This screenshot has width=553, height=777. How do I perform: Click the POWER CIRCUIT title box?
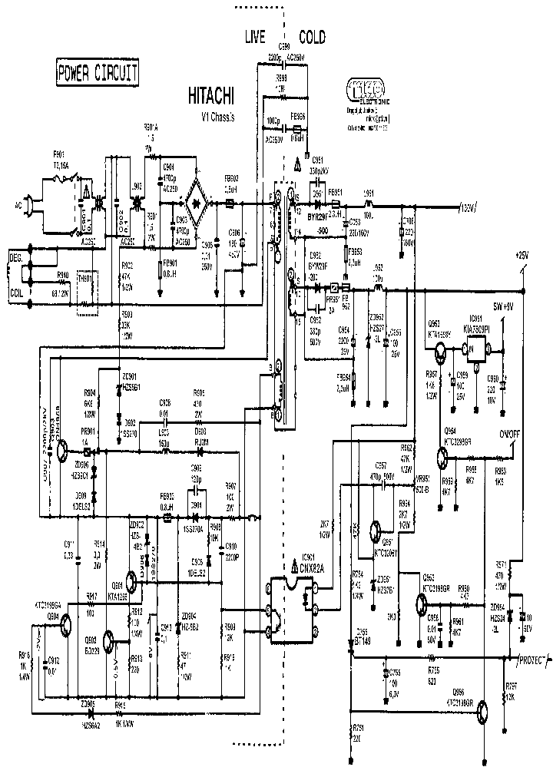pos(98,73)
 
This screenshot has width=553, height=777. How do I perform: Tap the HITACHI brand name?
pos(212,96)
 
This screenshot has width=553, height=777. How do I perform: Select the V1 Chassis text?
pos(217,117)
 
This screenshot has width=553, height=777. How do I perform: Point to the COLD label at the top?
pos(312,37)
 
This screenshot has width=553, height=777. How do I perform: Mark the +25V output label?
pos(522,253)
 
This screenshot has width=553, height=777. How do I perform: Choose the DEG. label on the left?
pos(16,256)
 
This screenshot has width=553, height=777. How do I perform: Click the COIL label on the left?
pos(16,293)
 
